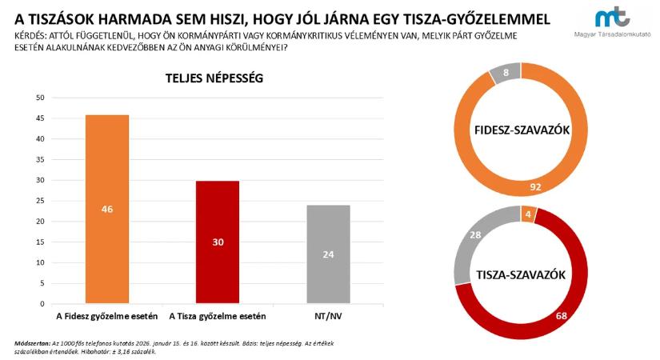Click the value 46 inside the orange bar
[106, 210]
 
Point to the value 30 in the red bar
[218, 242]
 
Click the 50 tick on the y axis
[39, 98]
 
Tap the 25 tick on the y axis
[39, 201]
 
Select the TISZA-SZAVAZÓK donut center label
[521, 275]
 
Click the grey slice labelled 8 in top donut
[506, 74]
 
